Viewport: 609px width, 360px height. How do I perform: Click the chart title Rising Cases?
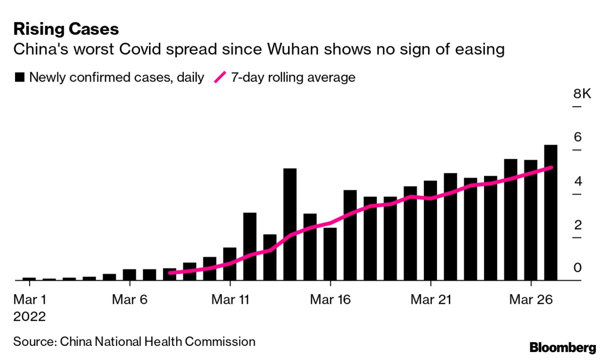click(x=66, y=29)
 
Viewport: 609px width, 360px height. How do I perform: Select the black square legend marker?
click(x=20, y=78)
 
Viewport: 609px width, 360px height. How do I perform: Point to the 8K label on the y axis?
click(x=582, y=94)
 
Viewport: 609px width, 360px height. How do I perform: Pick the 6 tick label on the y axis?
click(x=577, y=138)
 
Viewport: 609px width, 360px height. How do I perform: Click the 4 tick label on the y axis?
click(x=577, y=181)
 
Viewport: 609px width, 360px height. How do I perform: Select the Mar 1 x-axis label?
click(x=30, y=300)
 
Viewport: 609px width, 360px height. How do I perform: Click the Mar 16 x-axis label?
click(x=330, y=300)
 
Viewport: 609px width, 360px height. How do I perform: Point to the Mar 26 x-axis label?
click(x=531, y=300)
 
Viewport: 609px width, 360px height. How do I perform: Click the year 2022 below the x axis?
click(x=30, y=317)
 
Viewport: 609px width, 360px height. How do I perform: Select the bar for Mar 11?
click(x=230, y=264)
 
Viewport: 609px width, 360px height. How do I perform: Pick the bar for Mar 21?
click(x=430, y=230)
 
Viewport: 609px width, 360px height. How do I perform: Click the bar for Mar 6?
click(x=130, y=275)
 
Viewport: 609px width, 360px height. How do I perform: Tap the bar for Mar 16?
click(x=330, y=254)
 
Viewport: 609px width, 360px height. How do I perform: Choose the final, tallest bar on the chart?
click(x=551, y=213)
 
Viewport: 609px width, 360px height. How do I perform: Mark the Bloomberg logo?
click(x=563, y=348)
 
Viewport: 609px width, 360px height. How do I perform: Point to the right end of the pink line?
click(x=551, y=167)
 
